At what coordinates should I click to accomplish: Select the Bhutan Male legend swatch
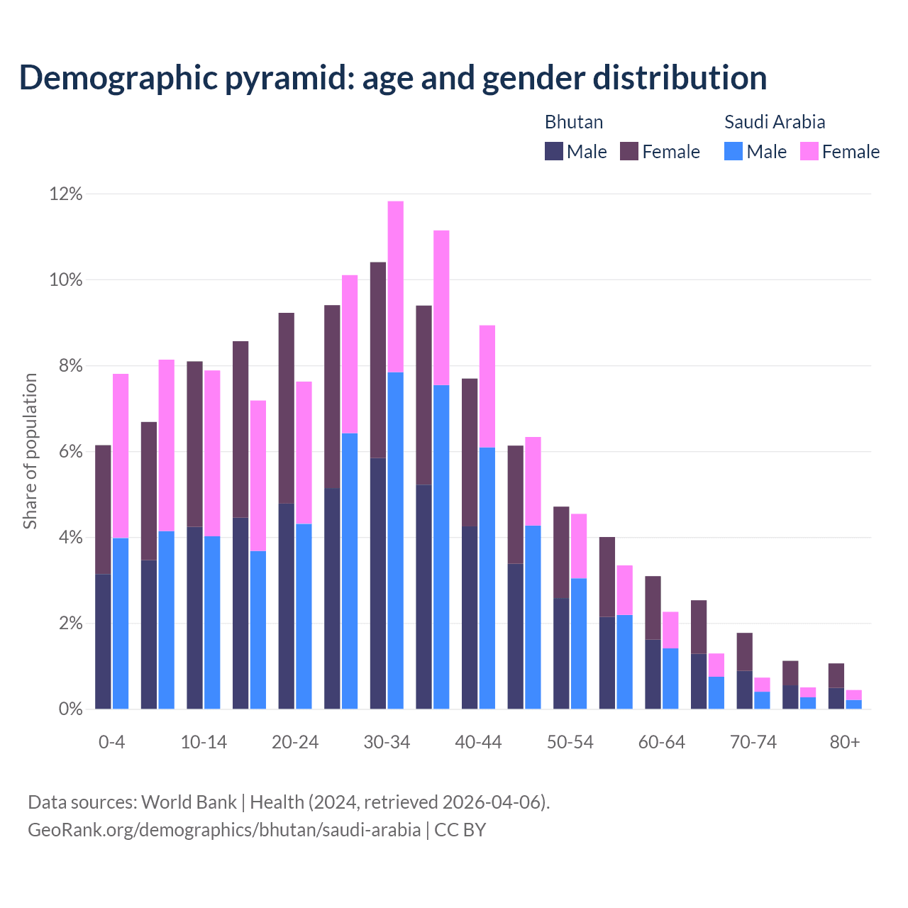coord(553,151)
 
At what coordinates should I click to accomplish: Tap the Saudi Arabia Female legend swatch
coord(809,151)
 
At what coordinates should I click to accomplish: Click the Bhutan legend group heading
coord(573,122)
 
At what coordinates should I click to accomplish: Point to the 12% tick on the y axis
coord(66,194)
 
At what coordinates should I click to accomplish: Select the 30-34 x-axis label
coord(387,743)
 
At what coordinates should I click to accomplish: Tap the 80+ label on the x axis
coord(845,743)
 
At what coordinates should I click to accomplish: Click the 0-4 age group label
coord(112,743)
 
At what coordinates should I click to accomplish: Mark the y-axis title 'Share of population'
coord(30,451)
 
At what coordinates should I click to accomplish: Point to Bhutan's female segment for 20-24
coord(286,408)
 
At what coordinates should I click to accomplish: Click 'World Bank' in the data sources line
coord(189,802)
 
